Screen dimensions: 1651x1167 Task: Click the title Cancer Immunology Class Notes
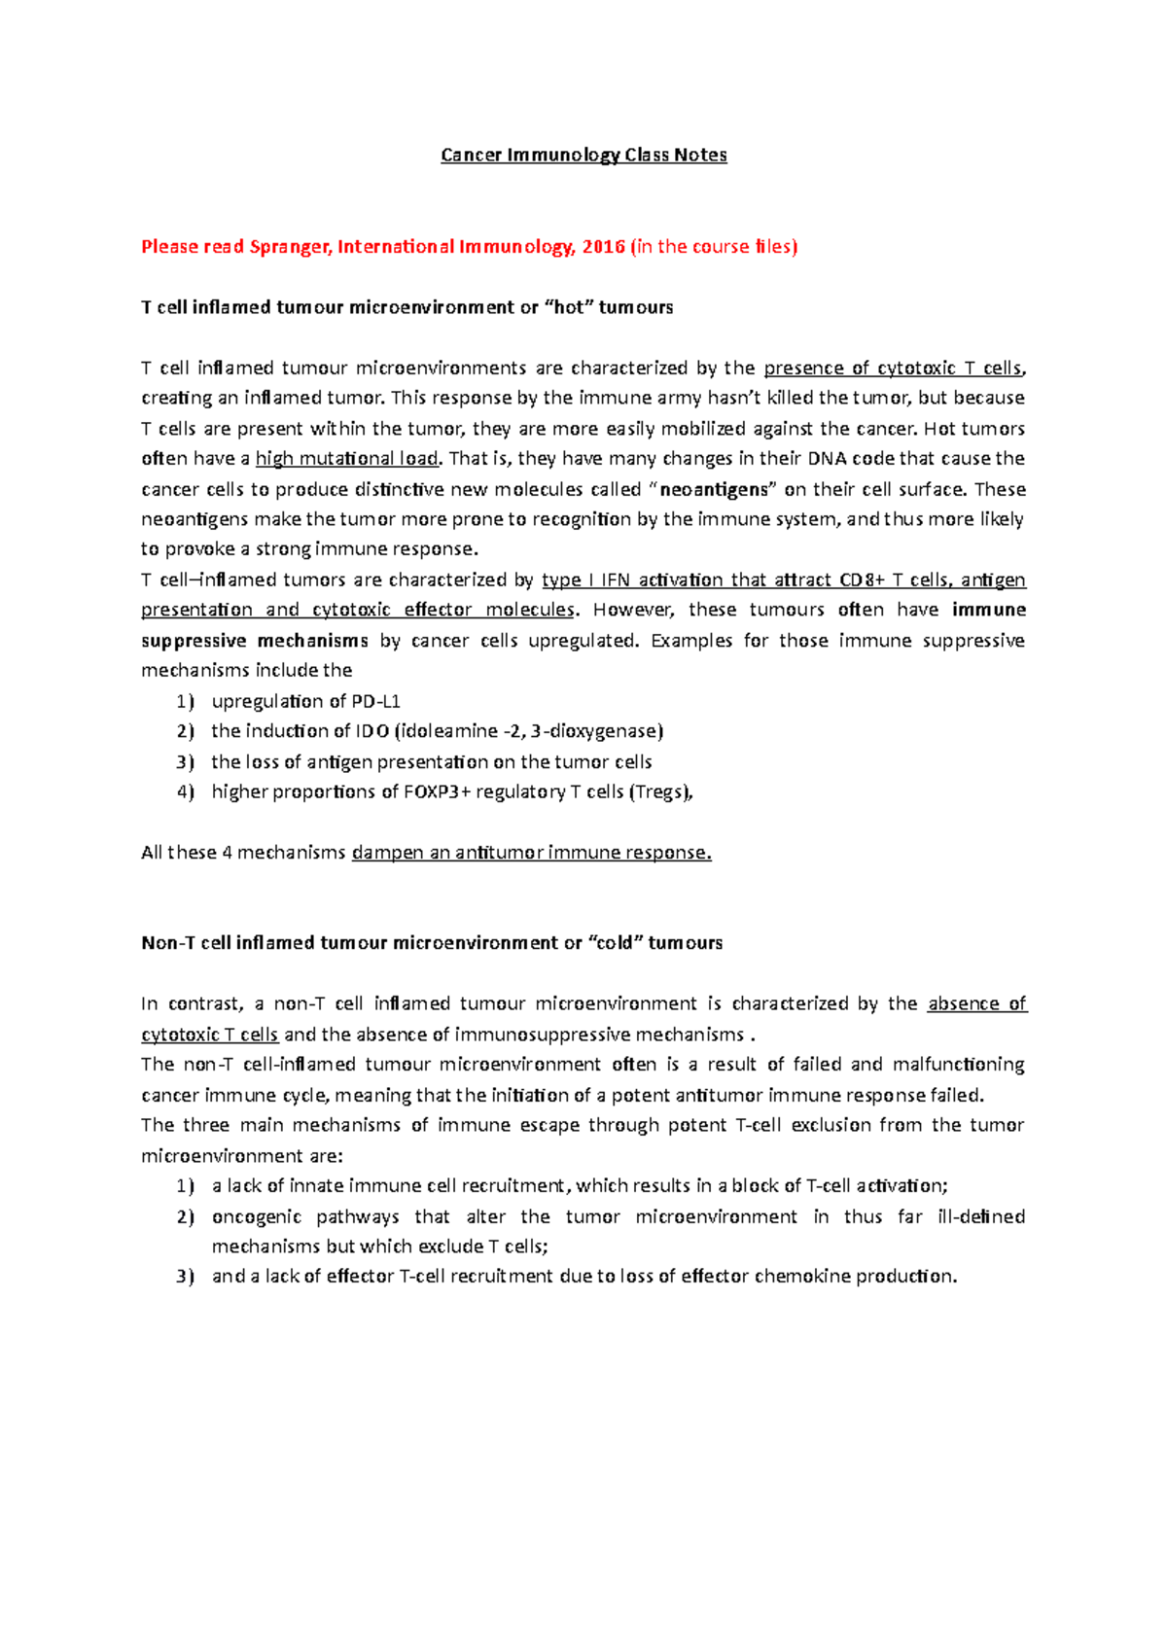(583, 156)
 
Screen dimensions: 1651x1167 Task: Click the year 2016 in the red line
(603, 247)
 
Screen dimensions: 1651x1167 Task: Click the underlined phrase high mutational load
(347, 459)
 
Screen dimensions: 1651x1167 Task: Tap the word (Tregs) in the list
(661, 792)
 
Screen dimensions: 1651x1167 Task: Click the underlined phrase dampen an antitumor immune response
(531, 853)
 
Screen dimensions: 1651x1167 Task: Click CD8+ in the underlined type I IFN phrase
(863, 580)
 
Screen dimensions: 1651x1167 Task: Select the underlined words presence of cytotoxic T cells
(893, 369)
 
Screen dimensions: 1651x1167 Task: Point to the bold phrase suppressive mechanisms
(255, 641)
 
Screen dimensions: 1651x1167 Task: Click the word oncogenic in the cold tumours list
(256, 1217)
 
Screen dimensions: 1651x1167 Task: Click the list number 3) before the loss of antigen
(185, 762)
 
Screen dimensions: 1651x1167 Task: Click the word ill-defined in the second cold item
(980, 1217)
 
